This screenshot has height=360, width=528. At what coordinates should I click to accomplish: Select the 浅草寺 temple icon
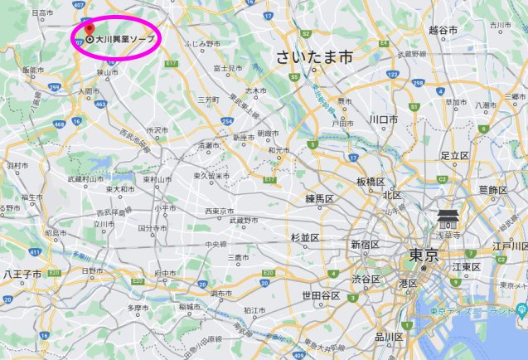click(448, 218)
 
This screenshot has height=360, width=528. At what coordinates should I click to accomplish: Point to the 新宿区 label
click(365, 245)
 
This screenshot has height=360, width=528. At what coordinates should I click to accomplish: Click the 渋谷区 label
click(364, 278)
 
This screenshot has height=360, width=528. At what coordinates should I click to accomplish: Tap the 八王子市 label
click(17, 272)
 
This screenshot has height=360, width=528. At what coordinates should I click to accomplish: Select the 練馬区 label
click(319, 199)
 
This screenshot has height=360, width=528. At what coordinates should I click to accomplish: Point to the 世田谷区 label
click(320, 296)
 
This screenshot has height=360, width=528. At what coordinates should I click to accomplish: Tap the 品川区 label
click(389, 336)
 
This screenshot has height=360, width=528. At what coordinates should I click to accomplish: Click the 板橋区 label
click(371, 182)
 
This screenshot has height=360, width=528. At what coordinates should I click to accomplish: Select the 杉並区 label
click(305, 237)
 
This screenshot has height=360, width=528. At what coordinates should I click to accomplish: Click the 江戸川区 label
click(510, 246)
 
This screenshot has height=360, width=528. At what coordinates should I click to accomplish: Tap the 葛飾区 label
click(492, 190)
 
